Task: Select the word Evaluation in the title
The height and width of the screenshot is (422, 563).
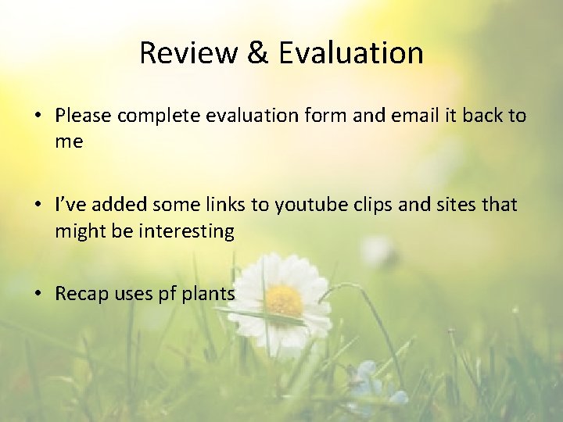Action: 350,53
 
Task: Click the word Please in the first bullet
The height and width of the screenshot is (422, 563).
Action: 84,116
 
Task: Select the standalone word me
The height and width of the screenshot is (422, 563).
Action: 69,143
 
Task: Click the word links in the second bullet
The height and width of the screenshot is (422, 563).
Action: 223,205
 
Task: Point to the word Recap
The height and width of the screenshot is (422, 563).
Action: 81,294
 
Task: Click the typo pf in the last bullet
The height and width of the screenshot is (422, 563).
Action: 167,294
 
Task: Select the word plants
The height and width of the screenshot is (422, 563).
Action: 208,294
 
